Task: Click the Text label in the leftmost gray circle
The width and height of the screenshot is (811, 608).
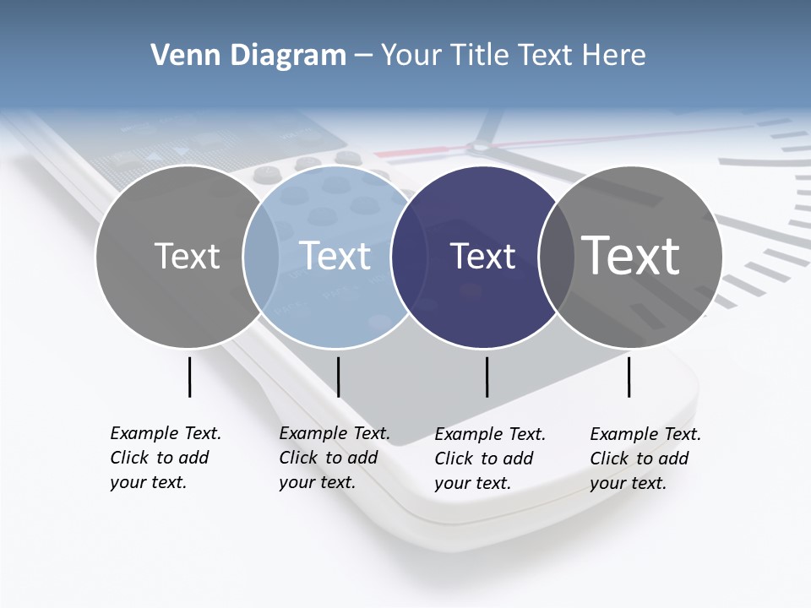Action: point(187,256)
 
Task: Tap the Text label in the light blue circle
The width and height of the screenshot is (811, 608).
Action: point(335,256)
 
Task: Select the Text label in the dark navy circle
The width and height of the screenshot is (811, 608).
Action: point(483,256)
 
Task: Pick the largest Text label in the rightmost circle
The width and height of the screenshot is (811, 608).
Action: point(631,255)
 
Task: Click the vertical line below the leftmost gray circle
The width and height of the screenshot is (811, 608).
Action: point(189,377)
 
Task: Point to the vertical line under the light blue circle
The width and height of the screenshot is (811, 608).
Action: point(338,377)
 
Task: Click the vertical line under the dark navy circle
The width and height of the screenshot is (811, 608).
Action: point(487,377)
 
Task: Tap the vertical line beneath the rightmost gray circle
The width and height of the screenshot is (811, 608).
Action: point(629,377)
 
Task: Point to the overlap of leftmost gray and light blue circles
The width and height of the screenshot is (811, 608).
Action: point(261,256)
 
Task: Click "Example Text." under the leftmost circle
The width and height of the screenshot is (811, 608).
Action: point(166,433)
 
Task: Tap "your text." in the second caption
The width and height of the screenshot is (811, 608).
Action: point(317,482)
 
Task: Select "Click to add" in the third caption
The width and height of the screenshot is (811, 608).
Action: point(484,459)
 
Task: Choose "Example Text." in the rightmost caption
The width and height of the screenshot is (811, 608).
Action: point(645,434)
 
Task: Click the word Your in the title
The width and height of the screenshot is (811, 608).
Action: point(411,56)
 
